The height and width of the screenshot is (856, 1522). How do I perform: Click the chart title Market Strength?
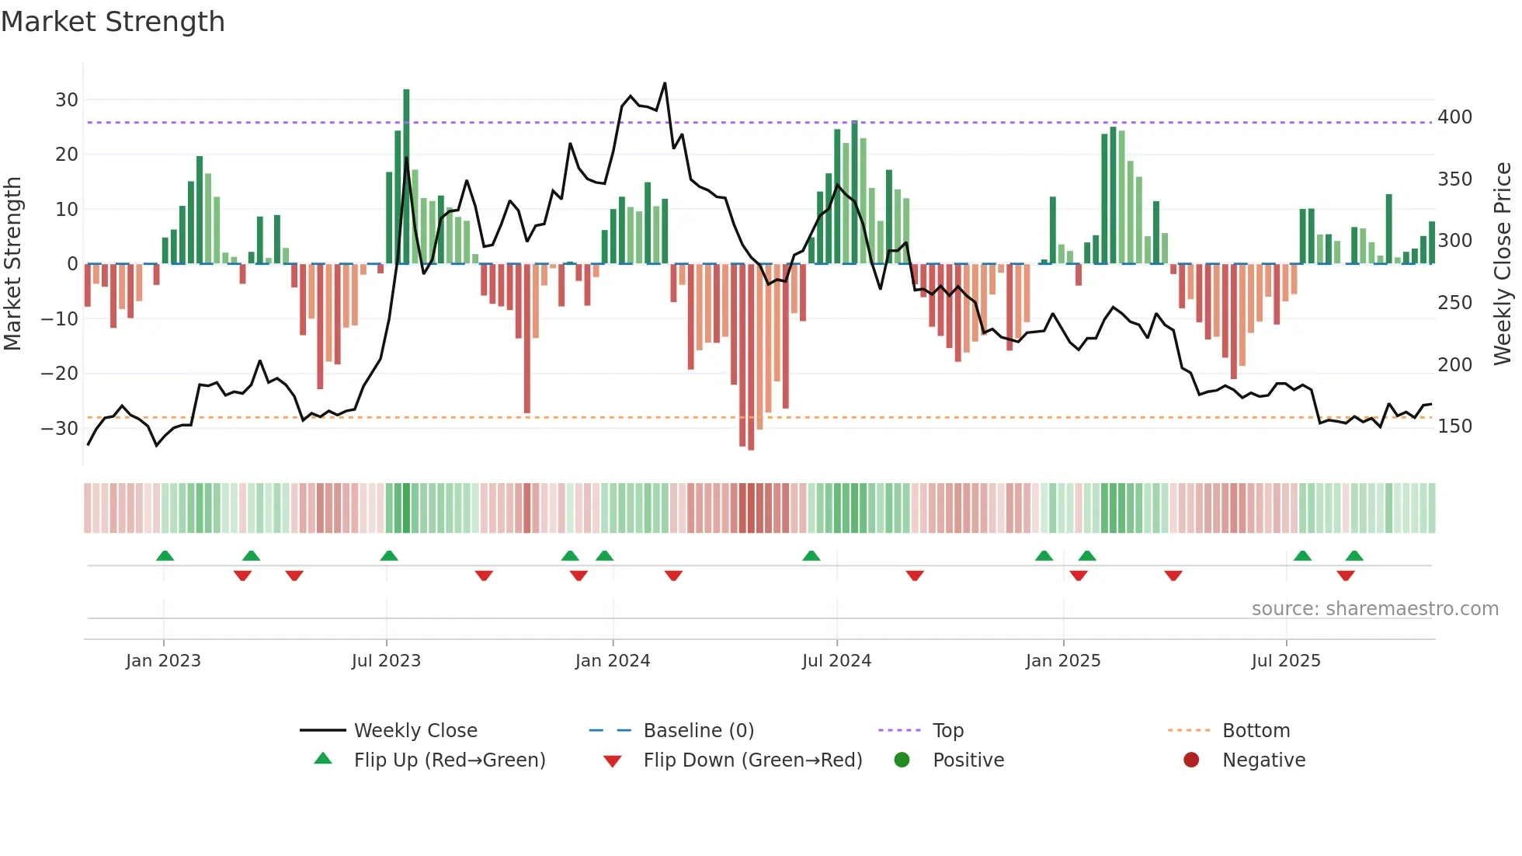click(113, 22)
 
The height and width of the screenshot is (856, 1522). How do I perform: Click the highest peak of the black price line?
click(665, 83)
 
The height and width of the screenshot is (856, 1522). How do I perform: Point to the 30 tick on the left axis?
click(66, 99)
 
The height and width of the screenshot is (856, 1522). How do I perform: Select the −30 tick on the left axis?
click(60, 428)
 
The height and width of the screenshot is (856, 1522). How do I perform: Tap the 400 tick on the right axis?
click(1454, 117)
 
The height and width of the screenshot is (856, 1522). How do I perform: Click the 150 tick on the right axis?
click(1454, 426)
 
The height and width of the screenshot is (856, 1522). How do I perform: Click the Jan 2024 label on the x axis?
click(612, 660)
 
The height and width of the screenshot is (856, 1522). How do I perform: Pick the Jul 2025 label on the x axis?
click(1285, 660)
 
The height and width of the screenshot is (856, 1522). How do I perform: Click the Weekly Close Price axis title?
click(1503, 263)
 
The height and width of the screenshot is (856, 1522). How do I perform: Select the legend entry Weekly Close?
click(415, 730)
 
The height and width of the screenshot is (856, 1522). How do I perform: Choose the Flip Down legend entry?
click(752, 760)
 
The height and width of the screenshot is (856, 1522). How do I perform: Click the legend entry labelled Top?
click(947, 730)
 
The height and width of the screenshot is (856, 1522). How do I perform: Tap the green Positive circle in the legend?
click(902, 760)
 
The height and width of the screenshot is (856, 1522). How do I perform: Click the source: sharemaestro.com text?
click(1374, 608)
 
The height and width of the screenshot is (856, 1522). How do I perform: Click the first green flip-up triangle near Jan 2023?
click(165, 555)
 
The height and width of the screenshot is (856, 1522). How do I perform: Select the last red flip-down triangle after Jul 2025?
click(1346, 576)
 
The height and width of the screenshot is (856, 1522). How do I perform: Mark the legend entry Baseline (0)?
click(698, 730)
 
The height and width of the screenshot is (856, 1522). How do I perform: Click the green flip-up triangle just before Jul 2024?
click(811, 555)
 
